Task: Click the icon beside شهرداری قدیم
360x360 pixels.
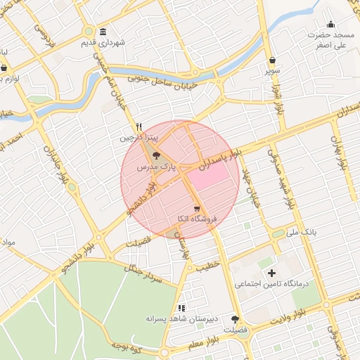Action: pos(103,32)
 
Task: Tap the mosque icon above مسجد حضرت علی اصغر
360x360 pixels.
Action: pos(331,24)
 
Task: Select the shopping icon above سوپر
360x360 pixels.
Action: pos(272,60)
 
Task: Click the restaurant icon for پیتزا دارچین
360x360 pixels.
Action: pos(139,127)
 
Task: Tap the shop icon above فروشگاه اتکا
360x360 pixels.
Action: pos(197,209)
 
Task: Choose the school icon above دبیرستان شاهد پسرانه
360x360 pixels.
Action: pos(181,307)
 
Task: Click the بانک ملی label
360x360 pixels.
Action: pos(305,231)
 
